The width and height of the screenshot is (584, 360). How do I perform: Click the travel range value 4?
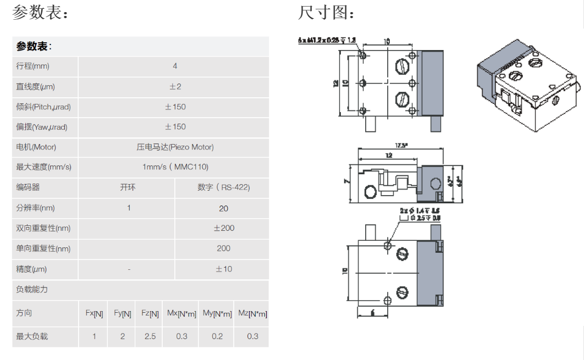click(x=175, y=67)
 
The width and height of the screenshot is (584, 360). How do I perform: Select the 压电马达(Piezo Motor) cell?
click(x=175, y=147)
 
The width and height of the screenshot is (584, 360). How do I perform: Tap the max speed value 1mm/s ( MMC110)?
click(x=175, y=167)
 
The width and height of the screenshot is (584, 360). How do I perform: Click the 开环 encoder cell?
click(x=128, y=187)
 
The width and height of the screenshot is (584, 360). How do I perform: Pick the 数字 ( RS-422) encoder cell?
click(x=223, y=187)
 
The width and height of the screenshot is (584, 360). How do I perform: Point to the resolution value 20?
click(x=223, y=208)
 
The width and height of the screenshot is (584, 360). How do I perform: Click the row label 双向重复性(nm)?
click(x=43, y=228)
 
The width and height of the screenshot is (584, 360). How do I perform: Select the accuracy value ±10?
click(x=223, y=269)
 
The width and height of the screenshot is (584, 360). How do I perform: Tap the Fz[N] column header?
click(x=150, y=314)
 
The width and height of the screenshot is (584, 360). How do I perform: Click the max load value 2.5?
click(x=150, y=336)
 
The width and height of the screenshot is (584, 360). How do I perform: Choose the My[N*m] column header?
click(x=217, y=314)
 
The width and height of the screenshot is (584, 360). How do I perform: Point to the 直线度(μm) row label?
click(x=36, y=87)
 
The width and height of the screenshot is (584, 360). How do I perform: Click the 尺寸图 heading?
click(x=326, y=13)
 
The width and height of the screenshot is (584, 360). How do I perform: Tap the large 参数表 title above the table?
click(x=41, y=13)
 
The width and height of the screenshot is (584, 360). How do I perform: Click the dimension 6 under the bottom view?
click(x=372, y=313)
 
